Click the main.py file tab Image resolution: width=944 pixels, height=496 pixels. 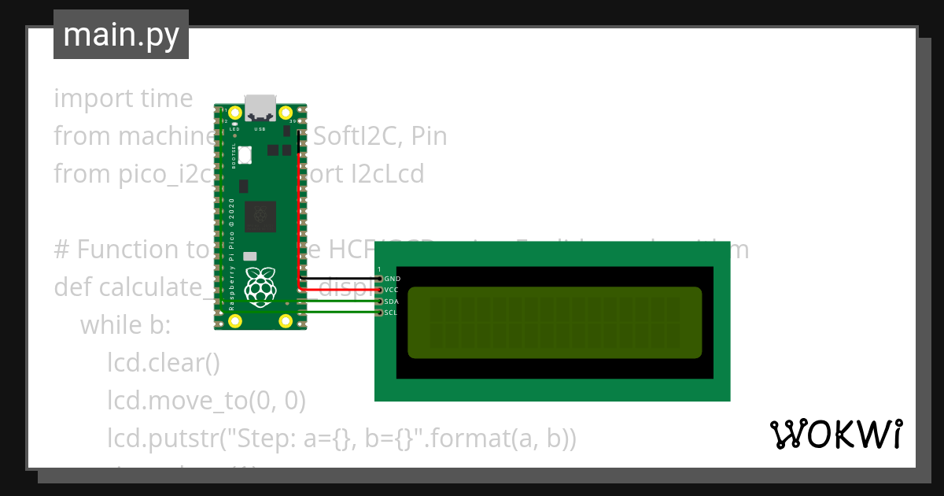(x=120, y=35)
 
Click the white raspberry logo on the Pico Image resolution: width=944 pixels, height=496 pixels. (x=260, y=287)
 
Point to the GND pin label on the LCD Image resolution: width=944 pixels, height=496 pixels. (x=392, y=279)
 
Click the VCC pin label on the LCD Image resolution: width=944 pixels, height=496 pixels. (x=392, y=290)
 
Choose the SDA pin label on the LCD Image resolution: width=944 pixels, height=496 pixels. (x=392, y=302)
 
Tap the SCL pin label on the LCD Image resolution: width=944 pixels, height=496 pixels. (x=391, y=313)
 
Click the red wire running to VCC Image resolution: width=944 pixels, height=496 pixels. (x=298, y=220)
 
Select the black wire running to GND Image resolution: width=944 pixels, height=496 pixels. (x=338, y=278)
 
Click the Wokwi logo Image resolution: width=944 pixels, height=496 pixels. (x=835, y=434)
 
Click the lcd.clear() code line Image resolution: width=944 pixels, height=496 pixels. (x=163, y=363)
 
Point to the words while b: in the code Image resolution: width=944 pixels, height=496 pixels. (x=125, y=324)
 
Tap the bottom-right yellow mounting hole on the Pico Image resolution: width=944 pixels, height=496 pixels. (x=286, y=320)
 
